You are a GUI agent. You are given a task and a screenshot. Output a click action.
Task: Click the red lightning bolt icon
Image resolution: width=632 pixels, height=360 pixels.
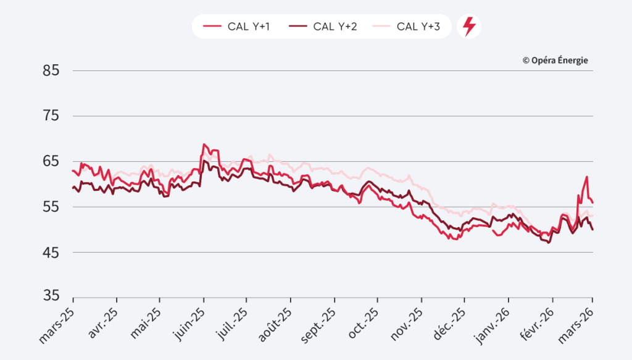pyautogui.click(x=469, y=27)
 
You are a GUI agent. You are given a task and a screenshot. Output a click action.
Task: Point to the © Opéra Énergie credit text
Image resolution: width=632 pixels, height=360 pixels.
pyautogui.click(x=555, y=60)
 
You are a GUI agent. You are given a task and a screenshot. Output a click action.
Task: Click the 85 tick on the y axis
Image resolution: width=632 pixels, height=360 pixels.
pyautogui.click(x=51, y=70)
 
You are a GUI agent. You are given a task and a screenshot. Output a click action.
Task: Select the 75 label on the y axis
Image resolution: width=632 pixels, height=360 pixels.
pyautogui.click(x=51, y=116)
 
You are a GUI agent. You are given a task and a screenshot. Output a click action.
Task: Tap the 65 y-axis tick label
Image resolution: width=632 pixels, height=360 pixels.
pyautogui.click(x=51, y=161)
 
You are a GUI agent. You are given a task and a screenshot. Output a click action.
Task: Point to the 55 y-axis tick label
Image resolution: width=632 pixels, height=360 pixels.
pyautogui.click(x=51, y=207)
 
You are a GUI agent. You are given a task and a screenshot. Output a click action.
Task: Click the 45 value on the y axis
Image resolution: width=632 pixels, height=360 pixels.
pyautogui.click(x=51, y=252)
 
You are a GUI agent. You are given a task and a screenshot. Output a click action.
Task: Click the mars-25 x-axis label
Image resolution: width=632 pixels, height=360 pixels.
pyautogui.click(x=57, y=322)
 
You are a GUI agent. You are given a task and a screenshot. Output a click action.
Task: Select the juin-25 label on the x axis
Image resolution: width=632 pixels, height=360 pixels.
pyautogui.click(x=188, y=321)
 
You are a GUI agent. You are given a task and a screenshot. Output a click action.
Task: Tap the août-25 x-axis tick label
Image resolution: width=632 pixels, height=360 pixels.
pyautogui.click(x=275, y=322)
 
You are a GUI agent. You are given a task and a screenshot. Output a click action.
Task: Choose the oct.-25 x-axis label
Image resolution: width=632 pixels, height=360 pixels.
pyautogui.click(x=363, y=321)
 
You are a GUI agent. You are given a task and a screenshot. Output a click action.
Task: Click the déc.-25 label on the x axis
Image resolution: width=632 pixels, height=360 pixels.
pyautogui.click(x=449, y=321)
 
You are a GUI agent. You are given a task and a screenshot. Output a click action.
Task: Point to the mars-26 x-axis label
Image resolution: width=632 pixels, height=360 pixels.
pyautogui.click(x=578, y=322)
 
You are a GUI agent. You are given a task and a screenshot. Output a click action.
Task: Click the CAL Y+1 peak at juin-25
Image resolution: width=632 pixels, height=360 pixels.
pyautogui.click(x=204, y=144)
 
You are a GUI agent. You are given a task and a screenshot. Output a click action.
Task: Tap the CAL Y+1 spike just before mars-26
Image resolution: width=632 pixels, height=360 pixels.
pyautogui.click(x=587, y=177)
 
